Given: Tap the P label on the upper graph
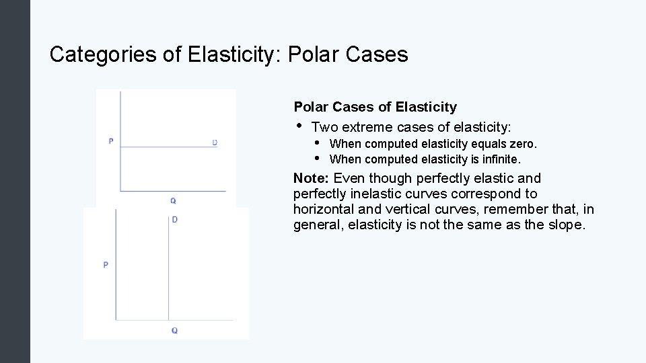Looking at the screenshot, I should coord(110,141).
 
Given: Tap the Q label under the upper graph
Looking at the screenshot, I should coord(173,200).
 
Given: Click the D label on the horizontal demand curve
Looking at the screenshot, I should coord(215,142).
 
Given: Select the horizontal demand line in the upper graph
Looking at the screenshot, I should coord(168,147).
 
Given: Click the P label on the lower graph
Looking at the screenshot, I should coord(106,265).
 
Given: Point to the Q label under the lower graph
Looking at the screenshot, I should coord(174,330).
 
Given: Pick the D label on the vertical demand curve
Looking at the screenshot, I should coord(175,220).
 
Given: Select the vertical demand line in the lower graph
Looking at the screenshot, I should coord(168,269).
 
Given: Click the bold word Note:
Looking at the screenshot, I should coord(312,178).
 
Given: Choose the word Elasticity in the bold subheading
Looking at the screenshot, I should coord(427,107).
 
